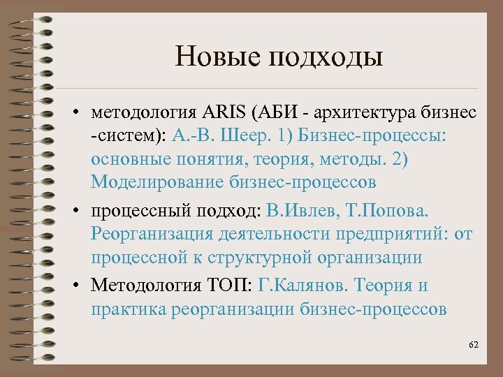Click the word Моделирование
coord(155,183)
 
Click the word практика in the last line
coord(126,309)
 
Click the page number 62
coord(474,346)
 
